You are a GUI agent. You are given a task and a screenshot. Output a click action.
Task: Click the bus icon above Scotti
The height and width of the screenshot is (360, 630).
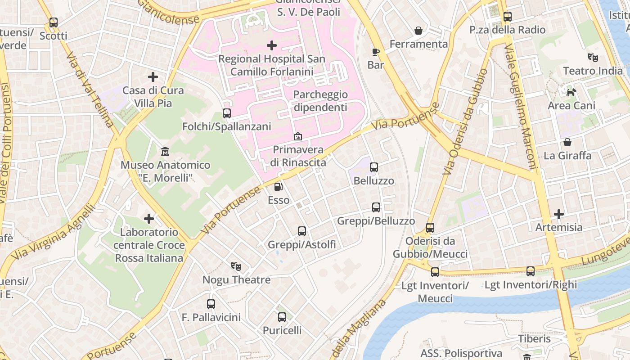(x=54, y=22)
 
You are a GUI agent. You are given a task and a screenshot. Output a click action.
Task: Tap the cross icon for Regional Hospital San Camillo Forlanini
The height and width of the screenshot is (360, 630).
(x=272, y=45)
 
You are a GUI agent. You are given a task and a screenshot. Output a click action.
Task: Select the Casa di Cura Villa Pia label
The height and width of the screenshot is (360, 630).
(x=153, y=97)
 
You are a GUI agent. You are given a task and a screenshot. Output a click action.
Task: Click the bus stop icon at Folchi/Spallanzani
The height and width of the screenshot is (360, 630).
(x=227, y=113)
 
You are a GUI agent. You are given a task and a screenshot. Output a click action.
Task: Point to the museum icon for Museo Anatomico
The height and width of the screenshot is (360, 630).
(x=165, y=152)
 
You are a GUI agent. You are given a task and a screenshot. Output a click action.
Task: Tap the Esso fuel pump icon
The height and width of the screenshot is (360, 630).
(x=279, y=186)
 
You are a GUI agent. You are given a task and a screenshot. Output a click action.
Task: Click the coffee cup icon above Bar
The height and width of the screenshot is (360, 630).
(x=376, y=51)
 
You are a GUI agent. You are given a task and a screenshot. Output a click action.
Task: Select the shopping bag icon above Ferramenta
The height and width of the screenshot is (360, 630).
(x=418, y=31)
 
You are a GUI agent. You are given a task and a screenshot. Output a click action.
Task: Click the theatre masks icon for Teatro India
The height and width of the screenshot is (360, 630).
(x=593, y=57)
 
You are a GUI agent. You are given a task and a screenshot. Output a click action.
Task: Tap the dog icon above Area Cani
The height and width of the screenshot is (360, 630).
(x=571, y=92)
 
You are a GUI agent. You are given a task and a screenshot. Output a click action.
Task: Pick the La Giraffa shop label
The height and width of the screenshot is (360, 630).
(x=567, y=156)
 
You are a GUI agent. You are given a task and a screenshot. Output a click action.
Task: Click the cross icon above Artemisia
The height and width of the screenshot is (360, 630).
(x=558, y=214)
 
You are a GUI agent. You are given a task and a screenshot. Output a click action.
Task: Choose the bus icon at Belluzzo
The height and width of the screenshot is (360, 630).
(x=374, y=167)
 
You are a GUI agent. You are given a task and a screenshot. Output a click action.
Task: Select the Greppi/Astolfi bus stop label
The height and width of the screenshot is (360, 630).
(x=301, y=244)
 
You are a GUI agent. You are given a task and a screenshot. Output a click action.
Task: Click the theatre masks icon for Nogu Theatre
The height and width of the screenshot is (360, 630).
(x=236, y=266)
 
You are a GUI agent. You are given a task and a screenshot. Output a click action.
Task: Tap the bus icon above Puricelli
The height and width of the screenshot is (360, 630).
(x=282, y=317)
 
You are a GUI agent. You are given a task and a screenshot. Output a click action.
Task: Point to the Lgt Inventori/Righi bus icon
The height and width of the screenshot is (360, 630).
(x=531, y=271)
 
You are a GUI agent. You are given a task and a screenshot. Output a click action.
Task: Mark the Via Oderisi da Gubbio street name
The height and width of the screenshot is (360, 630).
(x=465, y=121)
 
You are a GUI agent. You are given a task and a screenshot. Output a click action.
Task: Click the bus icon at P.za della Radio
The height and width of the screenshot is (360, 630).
(x=508, y=17)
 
